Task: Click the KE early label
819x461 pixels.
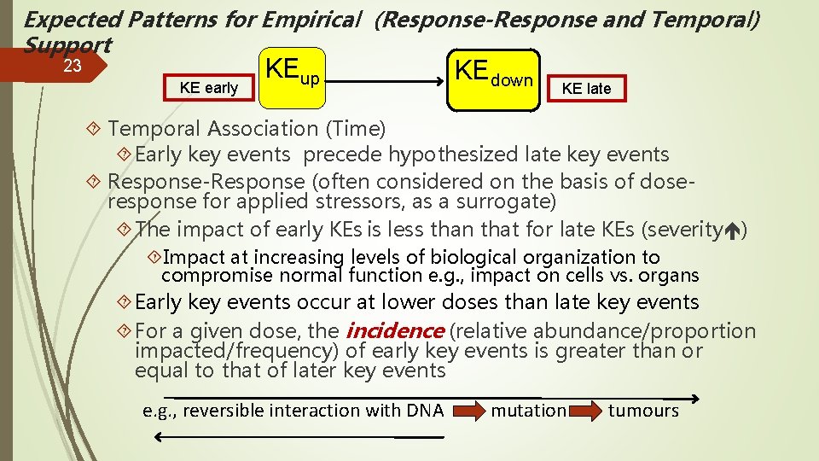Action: (x=209, y=88)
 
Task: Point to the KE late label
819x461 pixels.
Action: (x=586, y=88)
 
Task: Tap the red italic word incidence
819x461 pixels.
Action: (x=393, y=331)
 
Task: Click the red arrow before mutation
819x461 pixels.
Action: (x=468, y=411)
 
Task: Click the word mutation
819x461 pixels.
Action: (x=528, y=411)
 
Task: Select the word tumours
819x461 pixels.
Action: (x=643, y=411)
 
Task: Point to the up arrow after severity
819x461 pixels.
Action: (x=733, y=230)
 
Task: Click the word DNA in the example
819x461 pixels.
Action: (x=425, y=411)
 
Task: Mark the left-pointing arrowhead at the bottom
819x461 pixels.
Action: (x=159, y=436)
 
